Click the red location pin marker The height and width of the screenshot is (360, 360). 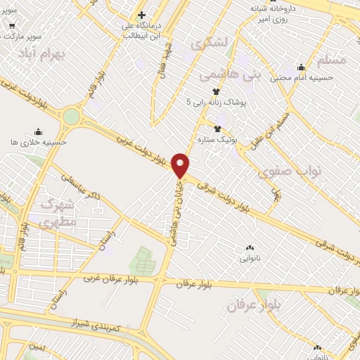pos(181,165)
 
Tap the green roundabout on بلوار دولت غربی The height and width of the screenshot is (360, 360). pos(71,116)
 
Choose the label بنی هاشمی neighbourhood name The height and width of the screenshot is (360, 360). pos(226,73)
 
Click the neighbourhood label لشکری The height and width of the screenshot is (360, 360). pos(210,44)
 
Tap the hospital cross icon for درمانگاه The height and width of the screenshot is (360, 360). pos(141,14)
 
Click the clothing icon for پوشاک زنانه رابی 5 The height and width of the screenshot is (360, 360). pos(216,92)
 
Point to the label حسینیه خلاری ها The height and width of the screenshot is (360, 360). pos(39,141)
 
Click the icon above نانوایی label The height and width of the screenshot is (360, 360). pos(250,247)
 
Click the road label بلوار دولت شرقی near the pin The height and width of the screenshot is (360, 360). pos(224,199)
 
